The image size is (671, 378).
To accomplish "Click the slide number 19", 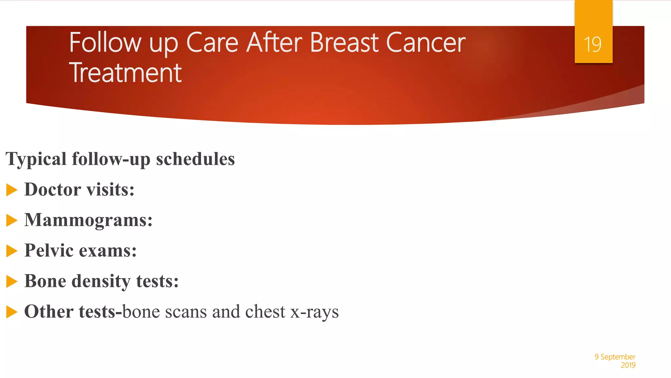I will pos(593,44).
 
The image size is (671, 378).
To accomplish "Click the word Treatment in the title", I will pos(125,73).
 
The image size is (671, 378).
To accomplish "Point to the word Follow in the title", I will pos(105,43).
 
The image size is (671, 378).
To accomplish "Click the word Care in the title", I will pos(212,43).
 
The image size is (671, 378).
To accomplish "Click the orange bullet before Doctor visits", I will pos(11,190).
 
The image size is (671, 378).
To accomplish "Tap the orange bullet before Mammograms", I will pos(11,220).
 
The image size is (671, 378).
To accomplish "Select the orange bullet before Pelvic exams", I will pos(11,251).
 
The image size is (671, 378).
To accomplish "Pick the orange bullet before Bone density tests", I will pos(11,282).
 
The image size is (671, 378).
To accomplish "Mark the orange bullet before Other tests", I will pos(11,312).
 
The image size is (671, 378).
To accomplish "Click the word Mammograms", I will pos(88,220).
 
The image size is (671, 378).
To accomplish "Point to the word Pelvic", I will pos(49,250).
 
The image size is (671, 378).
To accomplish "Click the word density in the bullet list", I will pos(101,282).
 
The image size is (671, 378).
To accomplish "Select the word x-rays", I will pos(315,312).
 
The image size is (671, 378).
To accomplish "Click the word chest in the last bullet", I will pos(265,311).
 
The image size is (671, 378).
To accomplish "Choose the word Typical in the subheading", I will pos(36,159).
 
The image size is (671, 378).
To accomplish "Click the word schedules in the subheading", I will pos(195,159).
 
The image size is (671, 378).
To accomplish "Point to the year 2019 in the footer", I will pos(628,365).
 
